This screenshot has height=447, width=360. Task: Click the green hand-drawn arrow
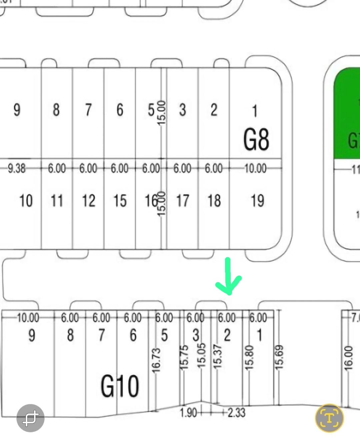click(x=228, y=277)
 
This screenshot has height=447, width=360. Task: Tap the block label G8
click(x=256, y=139)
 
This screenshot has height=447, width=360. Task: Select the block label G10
click(x=120, y=386)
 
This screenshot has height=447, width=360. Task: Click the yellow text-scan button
click(x=329, y=418)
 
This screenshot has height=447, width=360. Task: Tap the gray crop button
click(x=30, y=418)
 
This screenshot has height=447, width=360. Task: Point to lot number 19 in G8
click(x=257, y=201)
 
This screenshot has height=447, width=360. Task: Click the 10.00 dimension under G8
click(x=255, y=168)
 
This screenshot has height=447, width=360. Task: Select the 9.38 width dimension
click(x=17, y=168)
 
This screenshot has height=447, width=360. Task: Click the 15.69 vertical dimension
click(x=279, y=357)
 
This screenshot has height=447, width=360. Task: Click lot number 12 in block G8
click(x=89, y=201)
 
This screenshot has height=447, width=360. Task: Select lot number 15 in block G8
click(x=120, y=201)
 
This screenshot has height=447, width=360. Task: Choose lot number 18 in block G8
click(x=214, y=201)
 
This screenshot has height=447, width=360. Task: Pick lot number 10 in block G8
click(x=26, y=201)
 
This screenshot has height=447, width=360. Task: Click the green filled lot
click(x=347, y=113)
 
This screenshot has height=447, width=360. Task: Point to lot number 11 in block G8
click(x=57, y=201)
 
